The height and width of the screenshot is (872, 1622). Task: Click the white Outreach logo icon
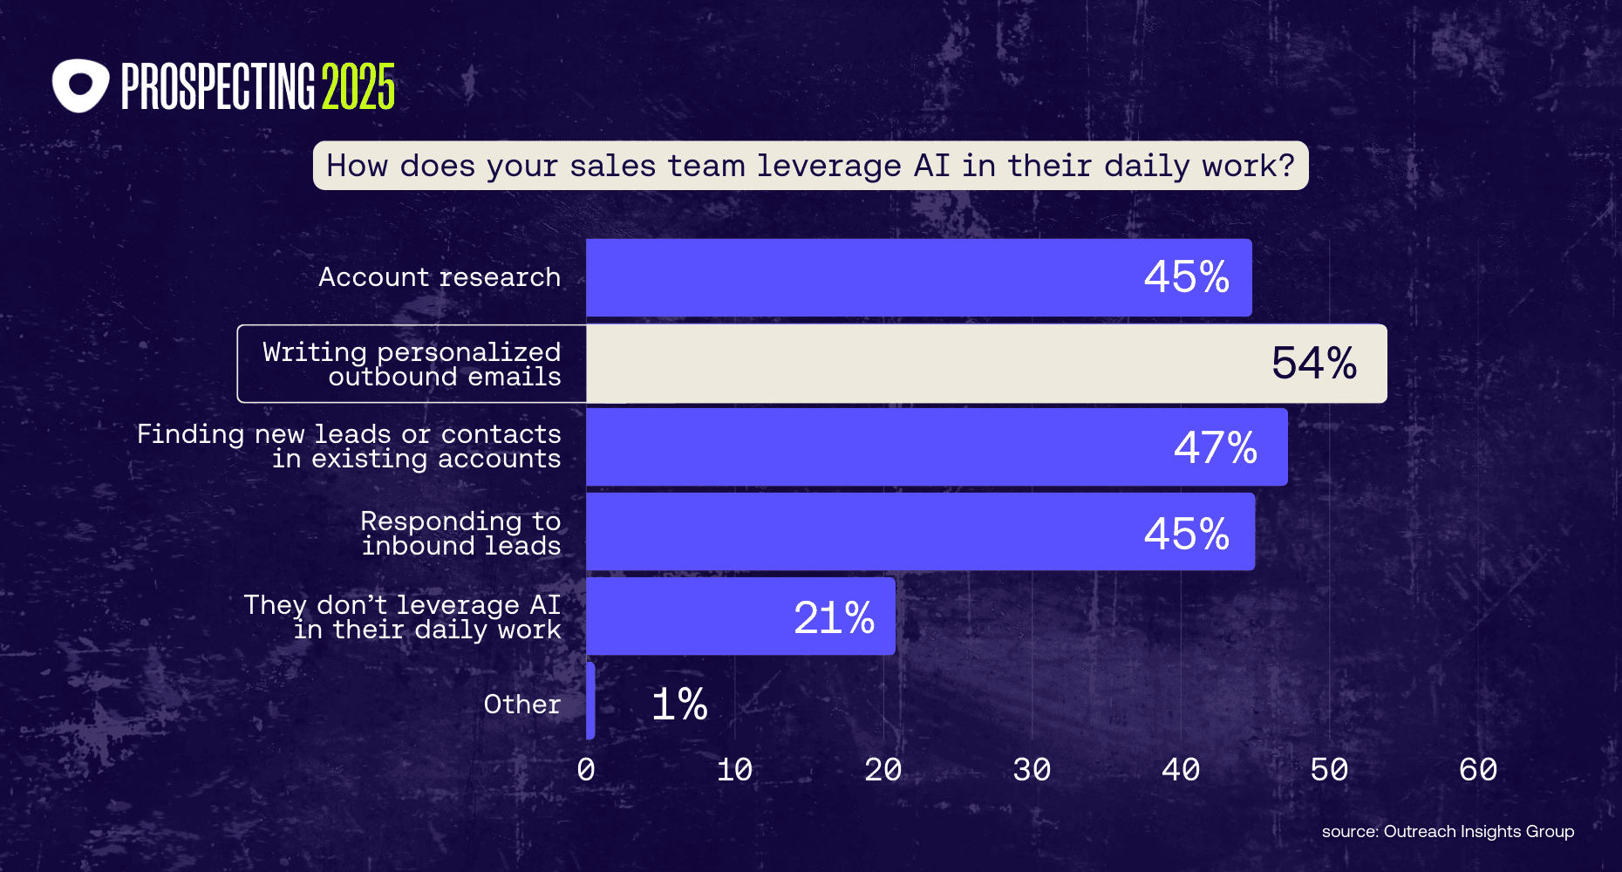pyautogui.click(x=80, y=85)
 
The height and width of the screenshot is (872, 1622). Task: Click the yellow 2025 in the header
pyautogui.click(x=358, y=87)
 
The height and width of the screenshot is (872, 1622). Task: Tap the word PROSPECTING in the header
pyautogui.click(x=217, y=87)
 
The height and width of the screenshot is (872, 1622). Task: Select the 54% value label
pyautogui.click(x=1313, y=363)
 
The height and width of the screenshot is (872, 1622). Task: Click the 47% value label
pyautogui.click(x=1215, y=447)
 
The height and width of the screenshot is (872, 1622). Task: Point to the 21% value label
pyautogui.click(x=834, y=617)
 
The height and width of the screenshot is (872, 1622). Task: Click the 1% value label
pyautogui.click(x=679, y=704)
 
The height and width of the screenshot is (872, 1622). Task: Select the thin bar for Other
pyautogui.click(x=590, y=701)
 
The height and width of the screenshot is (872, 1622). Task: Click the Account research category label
pyautogui.click(x=440, y=277)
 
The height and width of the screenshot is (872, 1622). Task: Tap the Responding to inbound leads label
pyautogui.click(x=460, y=533)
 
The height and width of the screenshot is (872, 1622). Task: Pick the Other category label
pyautogui.click(x=521, y=704)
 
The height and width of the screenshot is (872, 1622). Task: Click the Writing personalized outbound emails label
pyautogui.click(x=412, y=364)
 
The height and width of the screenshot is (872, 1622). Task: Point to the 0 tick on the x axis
pyautogui.click(x=586, y=769)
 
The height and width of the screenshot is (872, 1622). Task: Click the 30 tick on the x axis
pyautogui.click(x=1032, y=769)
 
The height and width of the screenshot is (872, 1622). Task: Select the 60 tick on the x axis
pyautogui.click(x=1477, y=769)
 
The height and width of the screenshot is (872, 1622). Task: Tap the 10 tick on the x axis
pyautogui.click(x=734, y=769)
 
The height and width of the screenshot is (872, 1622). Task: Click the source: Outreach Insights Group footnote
pyautogui.click(x=1448, y=831)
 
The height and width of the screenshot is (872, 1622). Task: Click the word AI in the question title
pyautogui.click(x=931, y=165)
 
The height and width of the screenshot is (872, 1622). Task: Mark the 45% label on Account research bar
pyautogui.click(x=1186, y=277)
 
